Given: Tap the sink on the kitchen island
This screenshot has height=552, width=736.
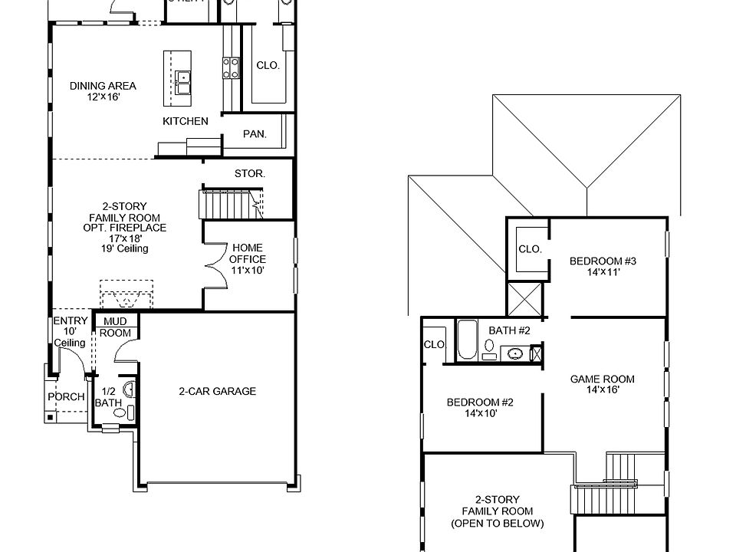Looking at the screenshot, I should tap(182, 78).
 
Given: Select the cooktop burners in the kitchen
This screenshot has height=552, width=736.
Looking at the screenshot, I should tap(228, 68).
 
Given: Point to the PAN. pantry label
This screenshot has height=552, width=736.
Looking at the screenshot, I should tap(255, 134).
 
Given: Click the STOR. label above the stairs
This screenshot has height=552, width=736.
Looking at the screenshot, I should tap(249, 174).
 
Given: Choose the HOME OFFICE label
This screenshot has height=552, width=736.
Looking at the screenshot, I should tap(247, 254).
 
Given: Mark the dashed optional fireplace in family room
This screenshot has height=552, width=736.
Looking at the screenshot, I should tap(127, 296).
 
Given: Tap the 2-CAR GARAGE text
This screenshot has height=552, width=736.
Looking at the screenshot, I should tap(217, 391).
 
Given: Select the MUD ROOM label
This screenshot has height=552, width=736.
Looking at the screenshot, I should tap(116, 327).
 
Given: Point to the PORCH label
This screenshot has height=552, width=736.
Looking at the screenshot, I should tap(66, 397).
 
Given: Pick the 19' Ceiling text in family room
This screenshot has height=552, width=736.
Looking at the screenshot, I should tap(124, 249).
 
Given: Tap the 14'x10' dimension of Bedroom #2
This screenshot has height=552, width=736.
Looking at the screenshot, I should tap(481, 413).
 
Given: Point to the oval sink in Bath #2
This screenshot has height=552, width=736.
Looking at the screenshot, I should tap(514, 353).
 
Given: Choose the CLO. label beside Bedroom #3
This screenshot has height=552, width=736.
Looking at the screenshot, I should tap(530, 249).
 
